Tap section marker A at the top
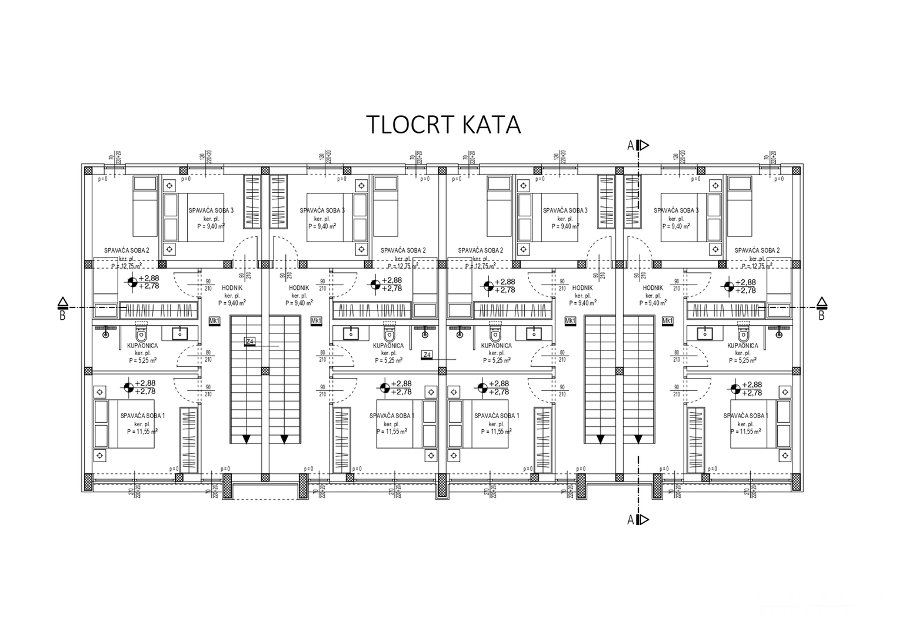click(631, 145)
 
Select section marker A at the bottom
click(631, 519)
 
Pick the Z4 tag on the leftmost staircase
click(250, 342)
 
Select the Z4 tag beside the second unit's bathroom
click(427, 355)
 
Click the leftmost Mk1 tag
click(214, 320)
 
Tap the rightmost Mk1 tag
click(667, 320)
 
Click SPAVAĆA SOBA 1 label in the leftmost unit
click(142, 416)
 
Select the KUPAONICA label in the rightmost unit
click(742, 346)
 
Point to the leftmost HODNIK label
click(232, 288)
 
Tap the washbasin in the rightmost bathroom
click(704, 333)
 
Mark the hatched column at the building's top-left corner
click(88, 170)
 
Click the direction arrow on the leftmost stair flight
click(247, 439)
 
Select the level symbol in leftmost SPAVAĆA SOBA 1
click(128, 387)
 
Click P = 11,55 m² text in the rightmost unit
click(745, 431)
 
